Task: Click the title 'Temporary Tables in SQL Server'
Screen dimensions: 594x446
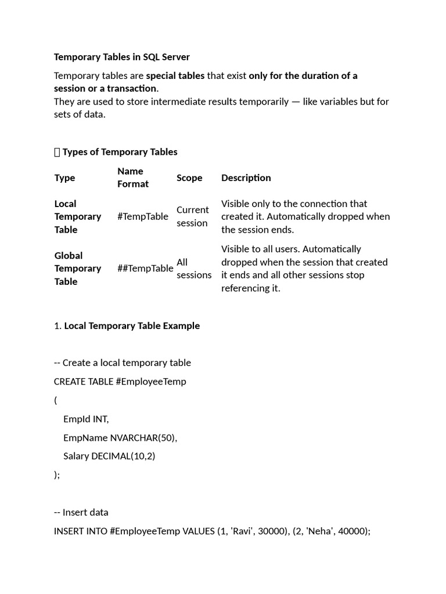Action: coord(121,57)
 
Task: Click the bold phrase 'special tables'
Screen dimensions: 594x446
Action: coord(175,75)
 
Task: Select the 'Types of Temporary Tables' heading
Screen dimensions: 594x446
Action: coord(120,152)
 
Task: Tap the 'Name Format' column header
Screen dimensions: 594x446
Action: coord(133,178)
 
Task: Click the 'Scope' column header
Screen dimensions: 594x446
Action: coord(189,178)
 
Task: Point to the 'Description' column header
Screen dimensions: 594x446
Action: coord(246,178)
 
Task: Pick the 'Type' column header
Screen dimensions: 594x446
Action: coord(64,178)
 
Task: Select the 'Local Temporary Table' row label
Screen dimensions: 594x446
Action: coord(77,216)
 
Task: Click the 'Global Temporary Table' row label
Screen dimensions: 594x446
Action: coord(77,268)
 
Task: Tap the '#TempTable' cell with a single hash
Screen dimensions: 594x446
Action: coord(142,216)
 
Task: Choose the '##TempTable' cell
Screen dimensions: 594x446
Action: coord(145,268)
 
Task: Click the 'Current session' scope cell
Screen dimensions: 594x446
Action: coord(192,216)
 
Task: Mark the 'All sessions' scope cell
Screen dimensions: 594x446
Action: coord(194,269)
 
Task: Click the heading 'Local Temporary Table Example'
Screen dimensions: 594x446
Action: coord(132,326)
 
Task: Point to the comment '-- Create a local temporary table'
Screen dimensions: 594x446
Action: coord(122,363)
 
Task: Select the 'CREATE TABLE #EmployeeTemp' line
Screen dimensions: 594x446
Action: coord(120,382)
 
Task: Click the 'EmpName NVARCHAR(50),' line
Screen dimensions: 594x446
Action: coord(120,437)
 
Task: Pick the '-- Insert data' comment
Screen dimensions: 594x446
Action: coord(81,512)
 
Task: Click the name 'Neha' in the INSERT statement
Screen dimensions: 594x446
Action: coord(335,531)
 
